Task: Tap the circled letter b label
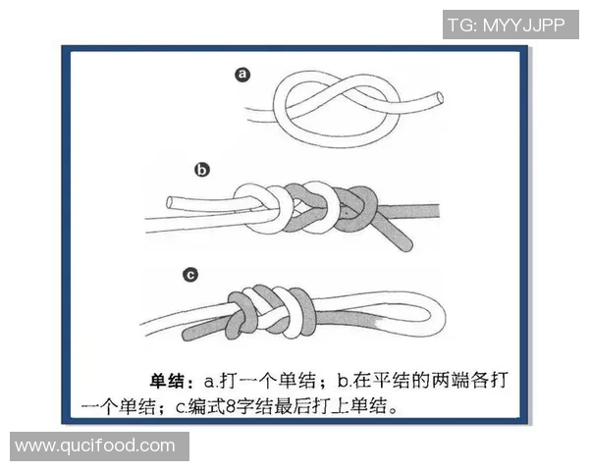(202, 170)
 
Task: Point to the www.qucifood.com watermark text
(95, 446)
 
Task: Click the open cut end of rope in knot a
(437, 98)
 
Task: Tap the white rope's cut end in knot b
(169, 204)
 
